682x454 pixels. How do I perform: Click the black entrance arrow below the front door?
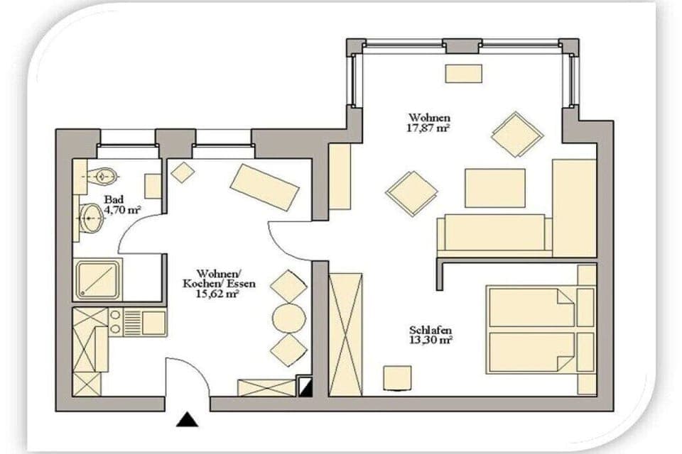click(x=188, y=419)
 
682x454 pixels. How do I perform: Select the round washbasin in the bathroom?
click(x=91, y=218)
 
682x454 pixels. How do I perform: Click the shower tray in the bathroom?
click(x=98, y=279)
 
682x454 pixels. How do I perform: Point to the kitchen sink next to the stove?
click(x=152, y=323)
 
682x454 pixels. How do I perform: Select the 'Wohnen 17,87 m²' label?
click(x=429, y=123)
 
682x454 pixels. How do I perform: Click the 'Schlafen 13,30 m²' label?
click(x=431, y=336)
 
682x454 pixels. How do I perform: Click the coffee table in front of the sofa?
click(x=495, y=188)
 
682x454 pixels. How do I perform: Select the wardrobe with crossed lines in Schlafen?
click(x=346, y=333)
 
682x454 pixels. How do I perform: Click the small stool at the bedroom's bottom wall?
click(x=397, y=377)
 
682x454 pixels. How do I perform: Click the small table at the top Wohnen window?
click(x=463, y=73)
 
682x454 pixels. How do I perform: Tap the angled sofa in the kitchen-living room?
click(x=264, y=187)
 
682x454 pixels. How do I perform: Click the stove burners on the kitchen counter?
click(x=114, y=323)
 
